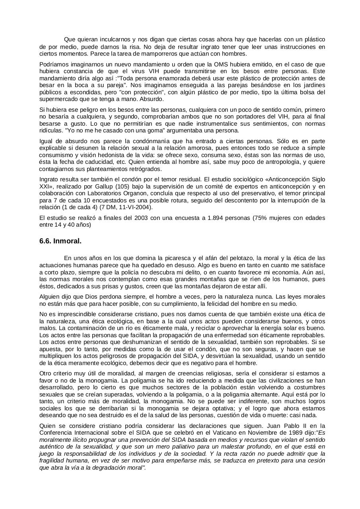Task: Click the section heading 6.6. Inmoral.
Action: [x=60, y=241]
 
